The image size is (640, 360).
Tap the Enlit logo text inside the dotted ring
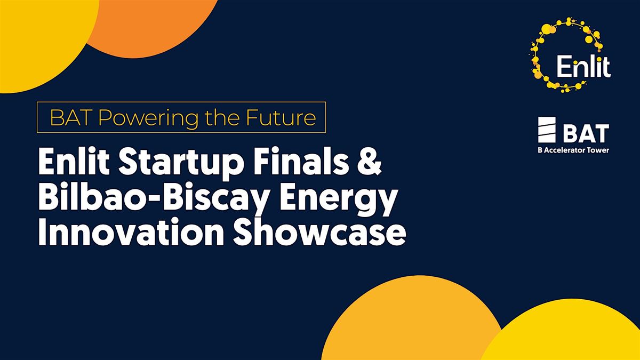[582, 68]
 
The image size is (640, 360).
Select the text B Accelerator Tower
[566, 150]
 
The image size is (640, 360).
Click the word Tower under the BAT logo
[598, 150]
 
